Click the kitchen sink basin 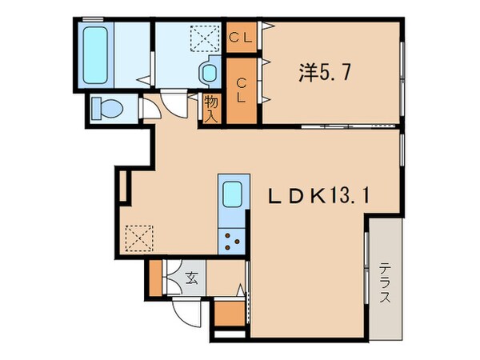tap(233, 194)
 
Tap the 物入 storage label tap(210, 106)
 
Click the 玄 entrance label tap(194, 279)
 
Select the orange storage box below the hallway tap(228, 313)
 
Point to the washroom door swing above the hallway tap(172, 102)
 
